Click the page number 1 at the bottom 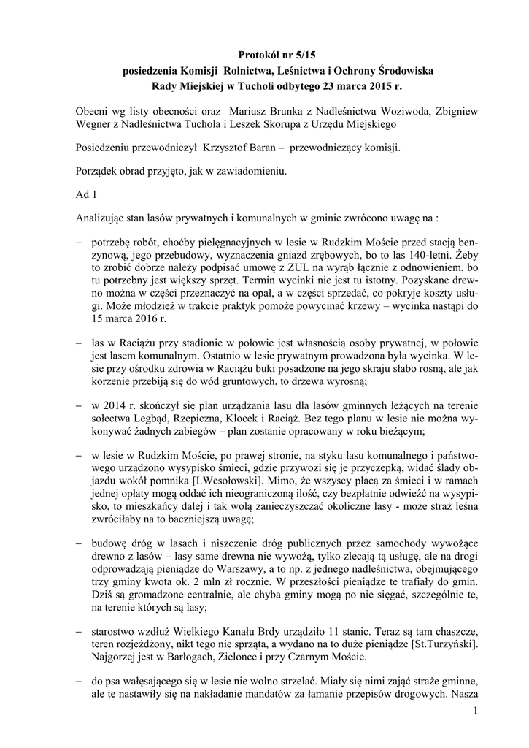pyautogui.click(x=475, y=711)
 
